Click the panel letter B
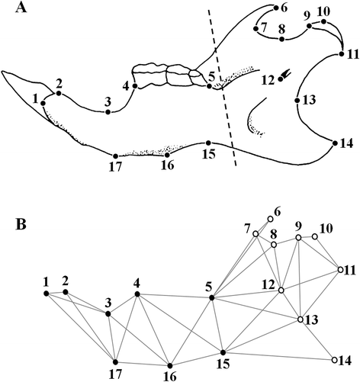[21, 225]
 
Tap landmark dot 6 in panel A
[276, 8]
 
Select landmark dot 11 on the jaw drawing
[342, 54]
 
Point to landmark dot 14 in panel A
[335, 143]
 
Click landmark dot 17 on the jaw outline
[115, 156]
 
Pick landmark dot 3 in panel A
[108, 112]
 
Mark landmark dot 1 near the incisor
[43, 103]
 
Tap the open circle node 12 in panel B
[281, 291]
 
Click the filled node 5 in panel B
[211, 297]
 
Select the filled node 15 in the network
[223, 352]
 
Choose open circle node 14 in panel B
[335, 360]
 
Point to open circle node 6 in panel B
[270, 219]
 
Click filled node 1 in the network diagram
[47, 294]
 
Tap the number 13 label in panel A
[309, 100]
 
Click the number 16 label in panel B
[170, 377]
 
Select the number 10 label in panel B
[326, 229]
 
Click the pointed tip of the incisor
[2, 72]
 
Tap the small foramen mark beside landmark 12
[286, 74]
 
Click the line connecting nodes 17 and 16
[143, 364]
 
